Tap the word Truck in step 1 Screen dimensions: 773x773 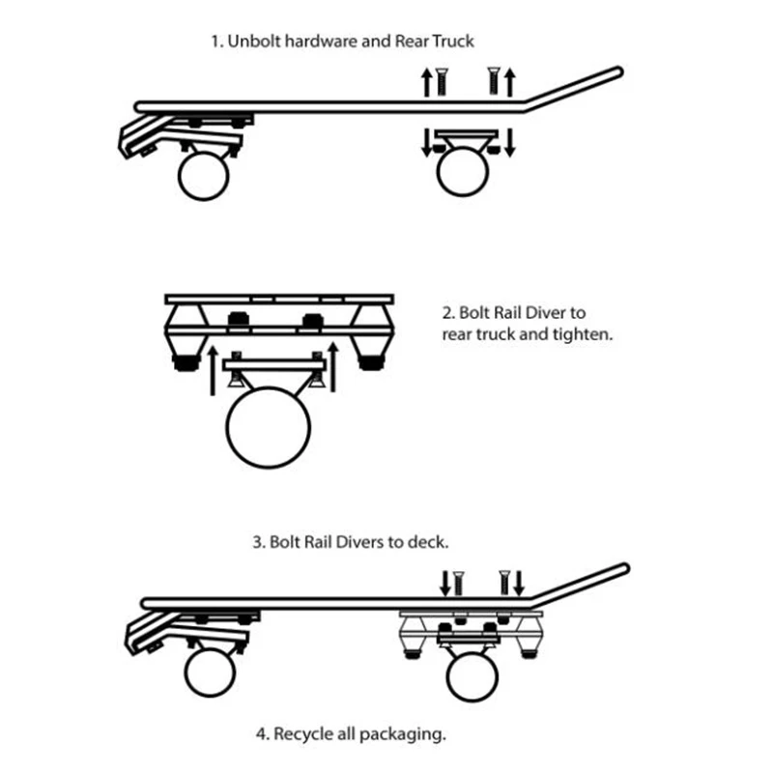point(455,43)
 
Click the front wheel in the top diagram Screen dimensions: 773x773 point(203,177)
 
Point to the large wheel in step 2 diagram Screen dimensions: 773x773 point(269,429)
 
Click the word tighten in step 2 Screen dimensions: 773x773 point(580,335)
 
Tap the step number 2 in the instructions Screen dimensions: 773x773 point(446,313)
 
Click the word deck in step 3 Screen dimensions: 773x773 point(429,542)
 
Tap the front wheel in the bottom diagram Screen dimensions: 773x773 point(210,673)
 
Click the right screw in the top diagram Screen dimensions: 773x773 point(493,79)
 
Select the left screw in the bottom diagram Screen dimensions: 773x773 point(458,583)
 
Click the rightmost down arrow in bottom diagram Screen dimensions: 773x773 point(520,583)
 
